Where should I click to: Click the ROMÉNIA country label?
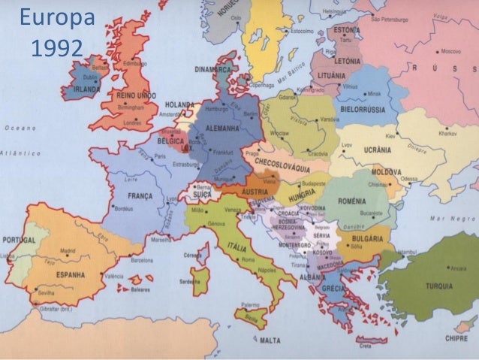(x=351, y=201)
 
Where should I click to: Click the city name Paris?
(x=160, y=156)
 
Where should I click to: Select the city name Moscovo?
(x=450, y=52)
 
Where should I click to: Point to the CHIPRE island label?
(x=455, y=337)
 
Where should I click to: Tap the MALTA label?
(x=270, y=340)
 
